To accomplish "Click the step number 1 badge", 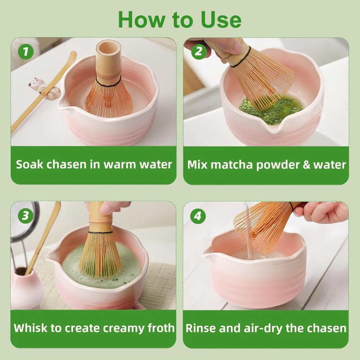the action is tap(26, 51).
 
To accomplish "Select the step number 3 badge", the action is tap(25, 216).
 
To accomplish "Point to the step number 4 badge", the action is tap(198, 216).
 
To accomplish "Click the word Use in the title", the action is tap(221, 20).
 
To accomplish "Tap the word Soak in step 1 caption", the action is tap(29, 164).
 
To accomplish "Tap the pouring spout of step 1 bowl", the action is tap(63, 103).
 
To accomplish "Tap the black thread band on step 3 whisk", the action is tap(100, 233).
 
